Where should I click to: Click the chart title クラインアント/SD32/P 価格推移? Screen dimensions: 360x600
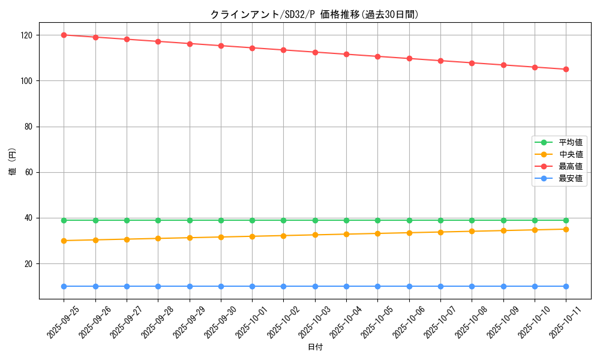[x=314, y=14]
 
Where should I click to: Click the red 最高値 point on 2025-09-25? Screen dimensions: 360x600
[x=64, y=35]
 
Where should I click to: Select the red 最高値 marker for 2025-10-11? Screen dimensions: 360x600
[x=566, y=69]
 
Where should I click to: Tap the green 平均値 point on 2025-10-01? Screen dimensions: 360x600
[x=252, y=220]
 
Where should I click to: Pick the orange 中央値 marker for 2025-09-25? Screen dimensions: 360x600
[x=64, y=241]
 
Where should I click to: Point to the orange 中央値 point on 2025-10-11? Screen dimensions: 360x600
[x=566, y=229]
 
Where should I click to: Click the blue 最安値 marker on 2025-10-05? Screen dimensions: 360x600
[x=377, y=286]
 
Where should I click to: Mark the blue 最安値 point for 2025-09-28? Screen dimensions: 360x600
[x=158, y=286]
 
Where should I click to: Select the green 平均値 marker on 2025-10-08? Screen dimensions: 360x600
[x=472, y=220]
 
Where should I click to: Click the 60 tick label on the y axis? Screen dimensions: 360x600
[x=29, y=172]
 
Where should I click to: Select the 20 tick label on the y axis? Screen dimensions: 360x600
[x=29, y=264]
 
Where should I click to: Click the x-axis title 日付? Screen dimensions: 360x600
[x=315, y=347]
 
